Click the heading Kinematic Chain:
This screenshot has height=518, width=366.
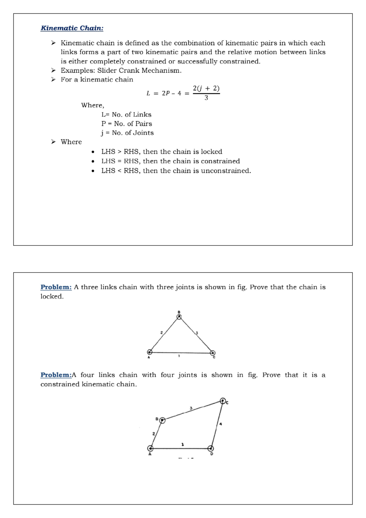pyautogui.click(x=72, y=28)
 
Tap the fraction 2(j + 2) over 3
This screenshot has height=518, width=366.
pyautogui.click(x=206, y=93)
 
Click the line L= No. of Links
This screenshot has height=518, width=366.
pyautogui.click(x=126, y=115)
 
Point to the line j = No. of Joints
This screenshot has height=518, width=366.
pyautogui.click(x=127, y=133)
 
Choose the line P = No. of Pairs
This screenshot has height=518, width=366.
pyautogui.click(x=127, y=124)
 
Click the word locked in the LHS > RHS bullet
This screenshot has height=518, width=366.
pyautogui.click(x=211, y=152)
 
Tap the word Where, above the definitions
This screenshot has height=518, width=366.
pyautogui.click(x=92, y=105)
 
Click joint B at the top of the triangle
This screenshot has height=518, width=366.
pyautogui.click(x=179, y=317)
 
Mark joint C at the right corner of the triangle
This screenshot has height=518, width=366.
pyautogui.click(x=213, y=353)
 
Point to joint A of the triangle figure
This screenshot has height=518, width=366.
pyautogui.click(x=150, y=352)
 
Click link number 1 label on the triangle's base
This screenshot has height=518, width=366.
pyautogui.click(x=179, y=356)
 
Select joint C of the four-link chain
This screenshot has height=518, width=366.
pyautogui.click(x=223, y=401)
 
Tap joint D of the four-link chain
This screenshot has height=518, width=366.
pyautogui.click(x=210, y=448)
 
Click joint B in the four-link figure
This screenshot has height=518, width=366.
pyautogui.click(x=162, y=420)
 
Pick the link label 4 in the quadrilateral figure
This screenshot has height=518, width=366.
pyautogui.click(x=221, y=424)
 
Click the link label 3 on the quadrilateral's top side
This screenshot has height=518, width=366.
pyautogui.click(x=191, y=408)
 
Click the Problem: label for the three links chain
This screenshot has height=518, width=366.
pyautogui.click(x=56, y=287)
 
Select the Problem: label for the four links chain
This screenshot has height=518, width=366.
pyautogui.click(x=56, y=375)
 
